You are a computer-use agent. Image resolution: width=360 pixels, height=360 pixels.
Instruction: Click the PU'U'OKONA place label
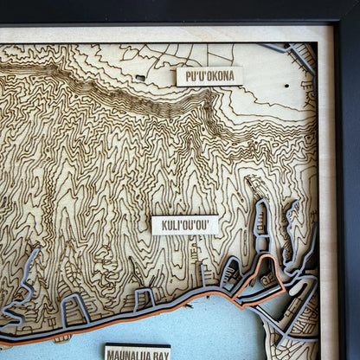coord(209,75)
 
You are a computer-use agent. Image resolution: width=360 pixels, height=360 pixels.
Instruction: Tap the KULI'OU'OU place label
coord(185,225)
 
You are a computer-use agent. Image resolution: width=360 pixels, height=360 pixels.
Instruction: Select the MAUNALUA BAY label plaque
coord(138,352)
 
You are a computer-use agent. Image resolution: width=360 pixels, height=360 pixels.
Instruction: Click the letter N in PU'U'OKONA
coord(227,75)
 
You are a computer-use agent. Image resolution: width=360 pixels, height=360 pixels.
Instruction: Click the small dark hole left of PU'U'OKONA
coord(140,78)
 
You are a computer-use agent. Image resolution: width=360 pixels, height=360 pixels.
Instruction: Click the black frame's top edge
coord(173,10)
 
